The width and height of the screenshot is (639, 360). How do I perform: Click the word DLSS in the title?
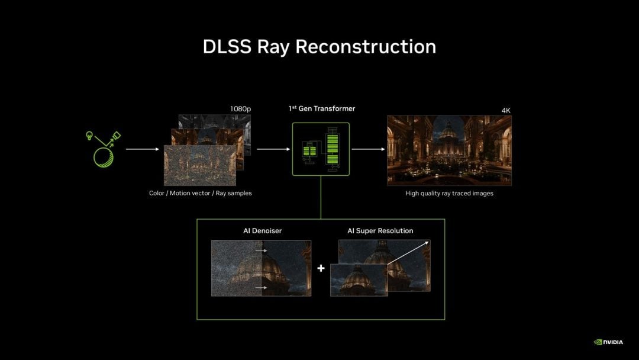[x=227, y=46]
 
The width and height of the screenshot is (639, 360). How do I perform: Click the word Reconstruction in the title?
[x=366, y=46]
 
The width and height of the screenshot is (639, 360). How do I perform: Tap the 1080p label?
[x=240, y=109]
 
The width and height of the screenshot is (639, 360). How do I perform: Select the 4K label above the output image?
[x=506, y=111]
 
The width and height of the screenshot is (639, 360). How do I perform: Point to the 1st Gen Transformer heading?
[x=322, y=108]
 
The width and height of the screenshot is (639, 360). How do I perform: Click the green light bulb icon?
[x=89, y=136]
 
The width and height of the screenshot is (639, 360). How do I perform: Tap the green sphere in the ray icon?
[x=104, y=157]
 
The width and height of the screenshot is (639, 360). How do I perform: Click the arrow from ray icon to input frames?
[x=142, y=149]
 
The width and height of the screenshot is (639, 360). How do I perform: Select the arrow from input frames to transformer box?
[x=273, y=149]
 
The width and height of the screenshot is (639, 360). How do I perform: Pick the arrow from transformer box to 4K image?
[x=368, y=149]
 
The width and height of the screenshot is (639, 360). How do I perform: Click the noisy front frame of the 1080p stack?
[x=200, y=166]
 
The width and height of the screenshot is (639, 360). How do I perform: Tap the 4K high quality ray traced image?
[x=449, y=150]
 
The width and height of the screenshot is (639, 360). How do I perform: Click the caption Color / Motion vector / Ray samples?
[x=201, y=193]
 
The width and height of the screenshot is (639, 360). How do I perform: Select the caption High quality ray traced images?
[x=449, y=193]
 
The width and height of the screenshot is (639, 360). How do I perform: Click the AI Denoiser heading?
[x=263, y=231]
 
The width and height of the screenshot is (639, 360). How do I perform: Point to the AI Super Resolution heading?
[x=380, y=231]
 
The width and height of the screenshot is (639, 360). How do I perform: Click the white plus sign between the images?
[x=321, y=268]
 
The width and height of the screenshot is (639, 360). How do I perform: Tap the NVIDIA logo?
[x=608, y=342]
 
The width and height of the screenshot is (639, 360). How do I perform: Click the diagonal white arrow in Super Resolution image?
[x=408, y=253]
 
